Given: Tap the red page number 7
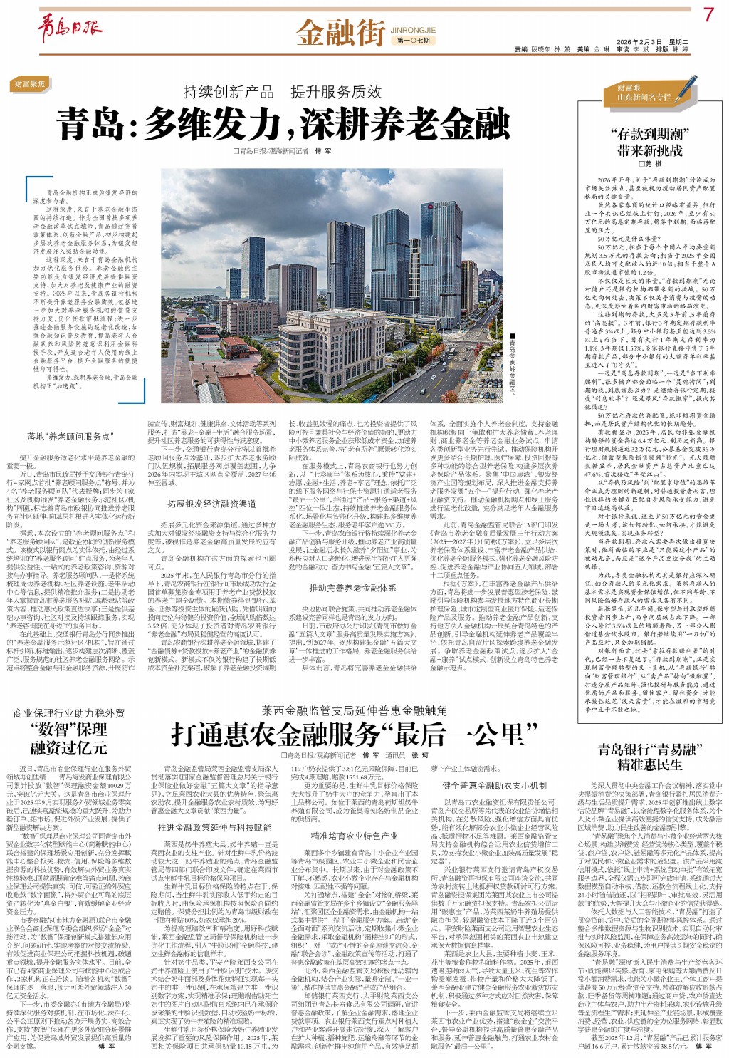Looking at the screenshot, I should tap(707, 15).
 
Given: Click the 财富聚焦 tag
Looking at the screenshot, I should tap(30, 84).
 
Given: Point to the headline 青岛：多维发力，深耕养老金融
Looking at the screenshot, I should tap(283, 125).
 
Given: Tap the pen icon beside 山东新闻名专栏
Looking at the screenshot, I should tap(686, 90).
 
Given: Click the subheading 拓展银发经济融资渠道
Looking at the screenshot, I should tap(211, 504).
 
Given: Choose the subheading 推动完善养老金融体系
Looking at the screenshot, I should tap(352, 588).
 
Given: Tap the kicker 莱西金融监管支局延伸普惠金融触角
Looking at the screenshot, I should tap(354, 710).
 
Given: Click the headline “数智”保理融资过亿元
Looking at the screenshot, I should tap(68, 738).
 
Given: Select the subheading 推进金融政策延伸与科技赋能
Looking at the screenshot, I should tap(214, 828).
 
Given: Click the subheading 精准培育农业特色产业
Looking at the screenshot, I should tap(354, 836).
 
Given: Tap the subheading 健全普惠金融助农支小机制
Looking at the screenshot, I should tap(494, 786).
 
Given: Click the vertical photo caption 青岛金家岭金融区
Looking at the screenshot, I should tap(511, 362).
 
